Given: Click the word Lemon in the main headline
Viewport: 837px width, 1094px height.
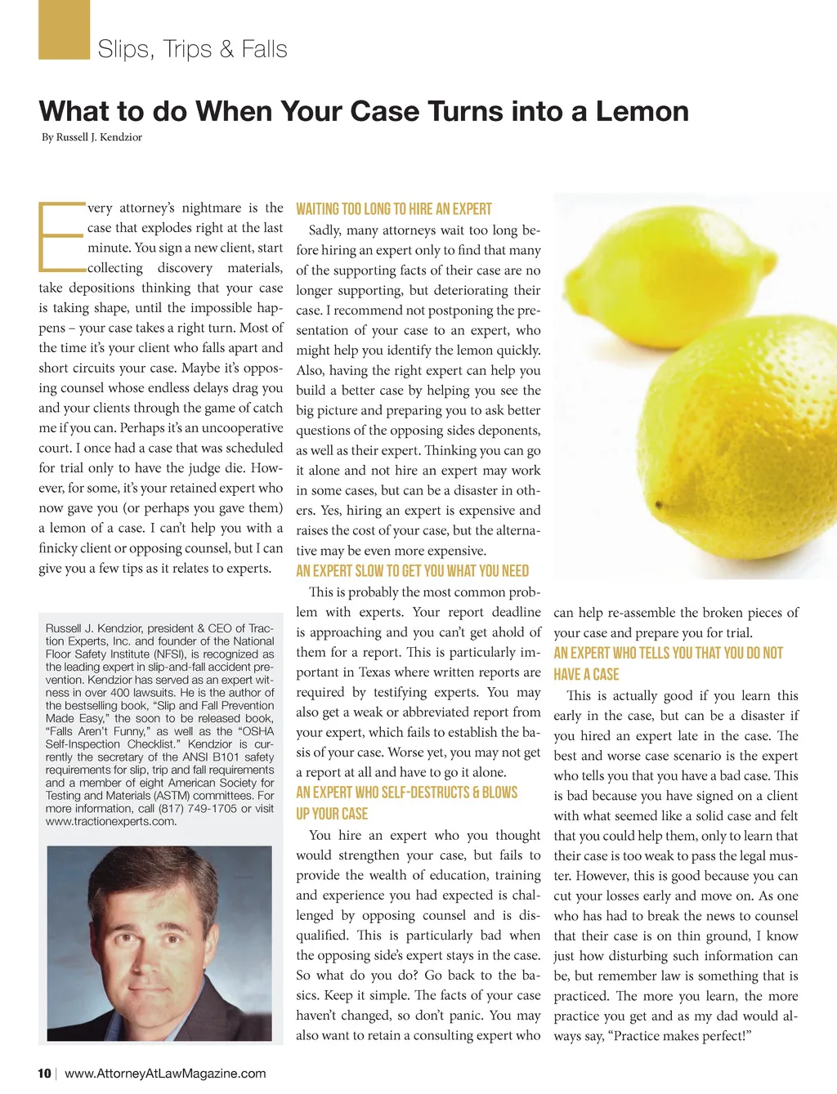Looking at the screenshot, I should pyautogui.click(x=642, y=111).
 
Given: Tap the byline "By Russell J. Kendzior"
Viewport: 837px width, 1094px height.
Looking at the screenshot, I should pyautogui.click(x=92, y=137).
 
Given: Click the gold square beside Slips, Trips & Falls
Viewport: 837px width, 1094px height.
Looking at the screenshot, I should pyautogui.click(x=64, y=30).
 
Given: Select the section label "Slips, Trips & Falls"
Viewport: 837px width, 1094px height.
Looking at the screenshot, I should pyautogui.click(x=192, y=49).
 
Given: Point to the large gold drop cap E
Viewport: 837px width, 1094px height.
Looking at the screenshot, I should pyautogui.click(x=60, y=237).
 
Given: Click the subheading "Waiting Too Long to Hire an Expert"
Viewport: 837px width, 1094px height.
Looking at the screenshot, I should pyautogui.click(x=394, y=209).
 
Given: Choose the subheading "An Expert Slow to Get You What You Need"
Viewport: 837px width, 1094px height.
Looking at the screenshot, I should pyautogui.click(x=412, y=571).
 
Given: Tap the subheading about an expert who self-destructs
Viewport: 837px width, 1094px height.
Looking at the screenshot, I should pyautogui.click(x=406, y=802).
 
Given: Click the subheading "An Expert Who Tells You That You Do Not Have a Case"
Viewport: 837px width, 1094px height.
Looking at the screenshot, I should pyautogui.click(x=668, y=663).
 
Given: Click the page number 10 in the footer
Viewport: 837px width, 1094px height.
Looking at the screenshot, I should pyautogui.click(x=44, y=1074).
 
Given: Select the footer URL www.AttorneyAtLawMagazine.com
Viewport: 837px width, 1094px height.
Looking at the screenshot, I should pyautogui.click(x=165, y=1074).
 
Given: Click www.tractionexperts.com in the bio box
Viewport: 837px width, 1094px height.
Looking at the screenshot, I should pyautogui.click(x=111, y=822).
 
